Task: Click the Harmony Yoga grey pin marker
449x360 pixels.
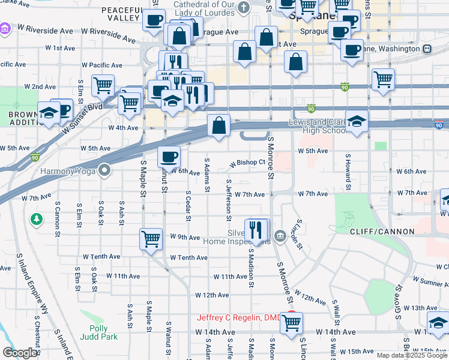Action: [x=105, y=171]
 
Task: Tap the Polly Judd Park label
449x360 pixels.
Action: [x=98, y=332]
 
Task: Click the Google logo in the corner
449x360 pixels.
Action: [x=19, y=353]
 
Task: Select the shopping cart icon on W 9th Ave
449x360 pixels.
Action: [x=151, y=238]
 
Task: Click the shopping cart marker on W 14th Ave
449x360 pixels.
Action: [x=291, y=322]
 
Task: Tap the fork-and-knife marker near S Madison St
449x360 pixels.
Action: [x=256, y=229]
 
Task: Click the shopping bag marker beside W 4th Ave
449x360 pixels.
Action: [x=218, y=125]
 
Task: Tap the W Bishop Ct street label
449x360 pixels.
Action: [x=248, y=163]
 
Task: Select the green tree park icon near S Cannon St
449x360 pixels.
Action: [x=37, y=219]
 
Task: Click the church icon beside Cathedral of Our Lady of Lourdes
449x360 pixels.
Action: [x=243, y=7]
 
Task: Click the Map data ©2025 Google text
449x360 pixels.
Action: [x=411, y=355]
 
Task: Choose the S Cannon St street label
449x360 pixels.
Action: [x=57, y=212]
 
